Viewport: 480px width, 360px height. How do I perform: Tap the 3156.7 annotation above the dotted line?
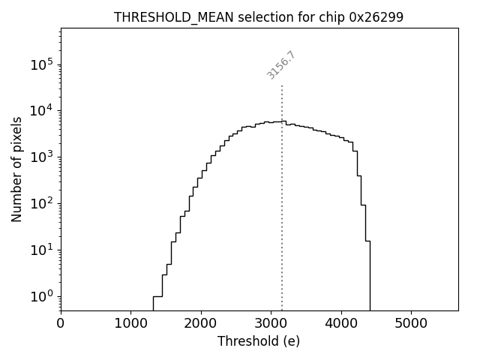[281, 65]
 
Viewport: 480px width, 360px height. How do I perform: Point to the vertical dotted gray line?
[282, 195]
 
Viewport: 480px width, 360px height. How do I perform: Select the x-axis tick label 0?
[61, 324]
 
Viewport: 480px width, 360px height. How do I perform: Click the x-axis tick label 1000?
[130, 324]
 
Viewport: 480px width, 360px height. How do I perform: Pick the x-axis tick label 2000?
[201, 324]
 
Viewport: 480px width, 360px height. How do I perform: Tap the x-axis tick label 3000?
[271, 324]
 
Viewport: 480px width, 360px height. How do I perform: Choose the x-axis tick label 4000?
[341, 324]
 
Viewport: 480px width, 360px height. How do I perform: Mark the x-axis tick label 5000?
[411, 324]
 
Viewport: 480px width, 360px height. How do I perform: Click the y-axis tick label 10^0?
[41, 296]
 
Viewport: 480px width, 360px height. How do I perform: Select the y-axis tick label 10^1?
[41, 250]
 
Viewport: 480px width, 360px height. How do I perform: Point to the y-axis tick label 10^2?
[41, 203]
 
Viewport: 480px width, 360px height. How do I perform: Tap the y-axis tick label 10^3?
[41, 157]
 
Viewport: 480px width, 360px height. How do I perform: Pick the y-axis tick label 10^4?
[41, 111]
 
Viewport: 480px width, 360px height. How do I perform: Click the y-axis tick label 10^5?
[41, 64]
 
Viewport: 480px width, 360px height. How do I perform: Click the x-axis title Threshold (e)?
[259, 341]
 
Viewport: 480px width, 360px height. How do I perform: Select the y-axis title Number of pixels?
[16, 169]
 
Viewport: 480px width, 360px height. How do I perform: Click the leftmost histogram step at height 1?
[157, 296]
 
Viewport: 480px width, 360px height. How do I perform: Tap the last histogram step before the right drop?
[367, 241]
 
